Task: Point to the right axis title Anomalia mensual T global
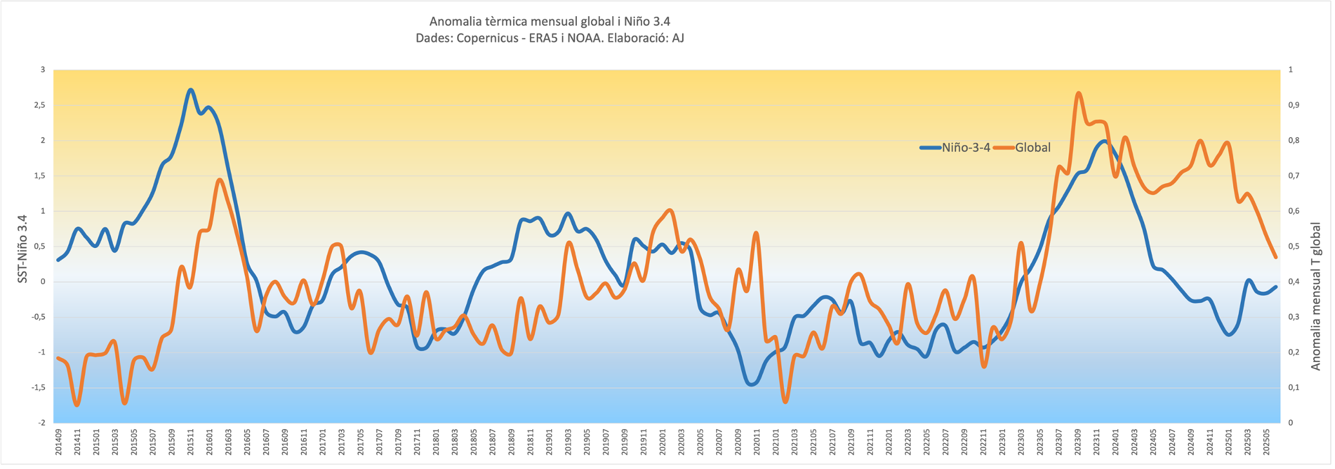coord(1315,296)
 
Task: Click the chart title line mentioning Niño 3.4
coord(549,22)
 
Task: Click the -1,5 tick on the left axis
coord(37,388)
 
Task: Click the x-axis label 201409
coord(59,443)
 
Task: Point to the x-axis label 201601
coord(210,443)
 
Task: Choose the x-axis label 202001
coord(663,443)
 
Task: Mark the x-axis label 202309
coord(1078,443)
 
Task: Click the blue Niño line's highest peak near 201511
coord(191,90)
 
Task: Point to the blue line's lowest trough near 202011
coord(752,385)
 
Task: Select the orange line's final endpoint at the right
coord(1276,258)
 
